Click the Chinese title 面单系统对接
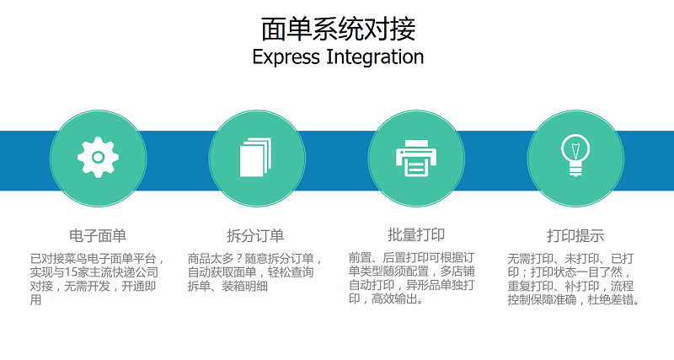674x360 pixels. [339, 30]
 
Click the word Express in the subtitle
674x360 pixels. [286, 57]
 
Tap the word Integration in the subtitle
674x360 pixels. [375, 56]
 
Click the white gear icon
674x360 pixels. [98, 158]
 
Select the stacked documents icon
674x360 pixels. [256, 158]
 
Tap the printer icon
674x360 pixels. [416, 159]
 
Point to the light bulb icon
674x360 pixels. [575, 155]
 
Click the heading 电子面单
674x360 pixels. [98, 236]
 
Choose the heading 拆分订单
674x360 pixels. [256, 236]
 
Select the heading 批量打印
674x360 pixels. [416, 235]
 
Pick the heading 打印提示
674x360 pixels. [575, 236]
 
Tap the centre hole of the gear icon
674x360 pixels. [98, 158]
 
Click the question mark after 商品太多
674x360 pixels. [239, 259]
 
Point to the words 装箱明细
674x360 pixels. [244, 286]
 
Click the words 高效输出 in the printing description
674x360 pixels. [394, 298]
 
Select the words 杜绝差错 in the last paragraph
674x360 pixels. [610, 299]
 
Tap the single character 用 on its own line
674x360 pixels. [35, 300]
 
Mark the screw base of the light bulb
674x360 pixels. [575, 171]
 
